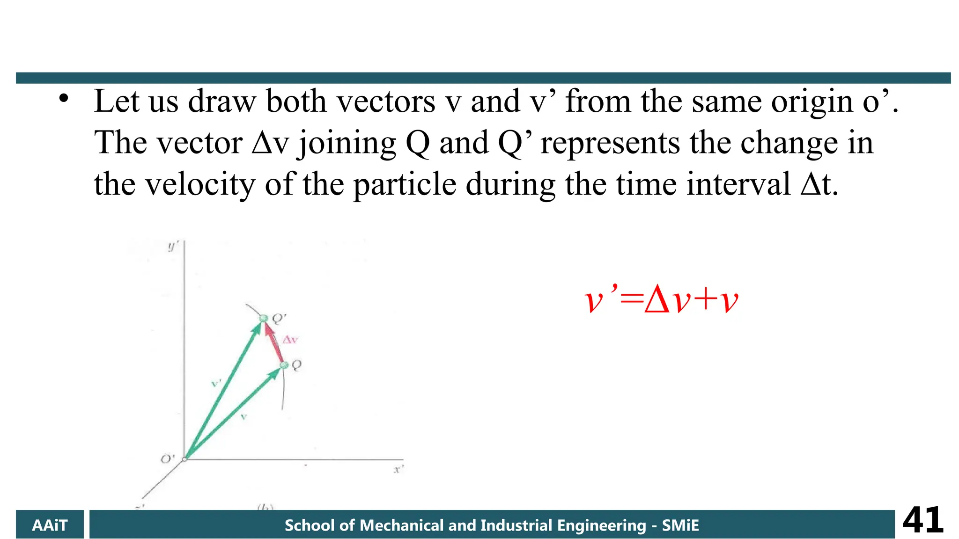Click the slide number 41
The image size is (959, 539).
click(922, 520)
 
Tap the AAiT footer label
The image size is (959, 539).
click(50, 525)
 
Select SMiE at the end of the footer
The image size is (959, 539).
click(680, 525)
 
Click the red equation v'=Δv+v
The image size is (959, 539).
click(661, 300)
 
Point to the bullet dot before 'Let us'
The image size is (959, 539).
click(64, 99)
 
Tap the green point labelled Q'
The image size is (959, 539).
click(263, 319)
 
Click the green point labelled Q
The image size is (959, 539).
click(284, 365)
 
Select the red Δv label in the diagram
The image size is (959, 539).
click(290, 340)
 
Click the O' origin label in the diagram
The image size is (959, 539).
click(167, 459)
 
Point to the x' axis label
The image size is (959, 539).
click(398, 469)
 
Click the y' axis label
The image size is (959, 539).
click(173, 246)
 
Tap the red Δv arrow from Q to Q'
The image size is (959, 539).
click(274, 342)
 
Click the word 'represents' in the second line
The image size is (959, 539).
click(610, 143)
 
